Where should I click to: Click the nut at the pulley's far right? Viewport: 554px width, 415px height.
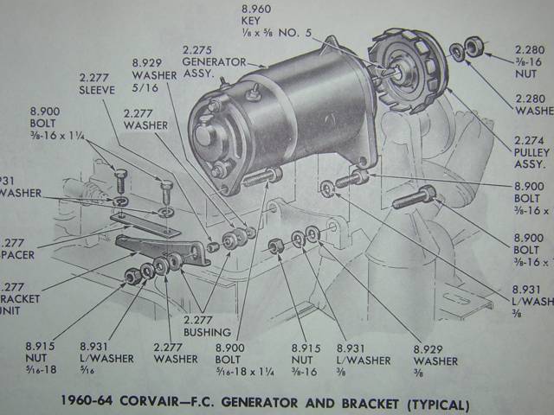click(x=473, y=44)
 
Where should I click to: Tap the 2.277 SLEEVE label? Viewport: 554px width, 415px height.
click(x=96, y=83)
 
